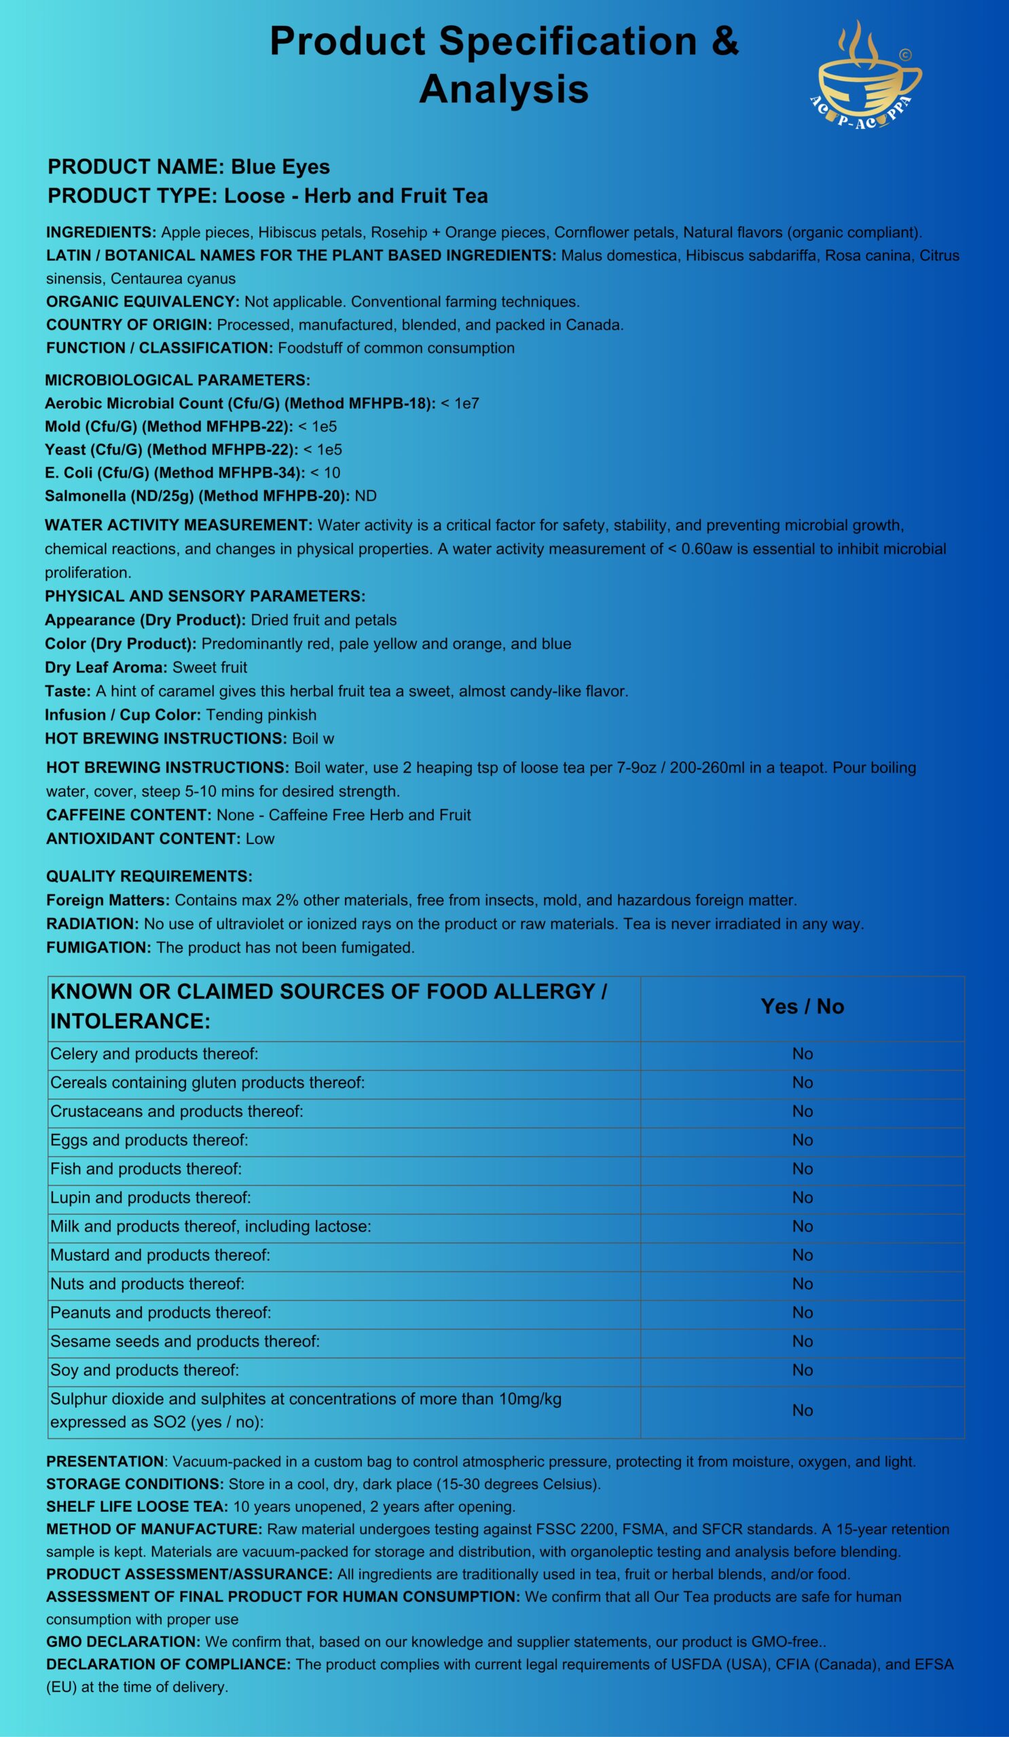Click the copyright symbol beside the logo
pyautogui.click(x=906, y=54)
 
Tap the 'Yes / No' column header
pyautogui.click(x=802, y=1006)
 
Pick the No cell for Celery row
pyautogui.click(x=802, y=1054)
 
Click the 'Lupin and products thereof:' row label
pyautogui.click(x=150, y=1198)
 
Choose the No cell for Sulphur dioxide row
pyautogui.click(x=802, y=1410)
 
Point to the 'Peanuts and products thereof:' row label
pyautogui.click(x=161, y=1312)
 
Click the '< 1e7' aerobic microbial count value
pyautogui.click(x=459, y=403)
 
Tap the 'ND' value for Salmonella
pyautogui.click(x=365, y=495)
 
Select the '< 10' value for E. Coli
pyautogui.click(x=325, y=473)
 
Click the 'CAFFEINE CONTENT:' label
pyautogui.click(x=129, y=815)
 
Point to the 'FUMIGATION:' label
pyautogui.click(x=98, y=947)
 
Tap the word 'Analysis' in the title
pyautogui.click(x=503, y=90)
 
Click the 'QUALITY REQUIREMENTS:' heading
pyautogui.click(x=149, y=876)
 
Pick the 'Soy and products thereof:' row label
pyautogui.click(x=144, y=1370)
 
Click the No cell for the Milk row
pyautogui.click(x=802, y=1226)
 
